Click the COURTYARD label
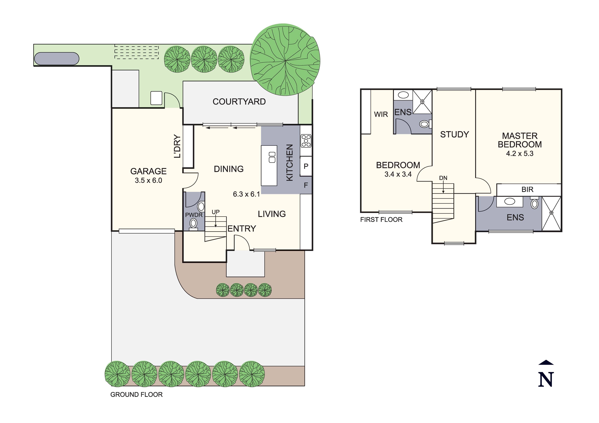[x=239, y=102]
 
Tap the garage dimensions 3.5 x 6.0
[x=148, y=180]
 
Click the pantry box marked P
[x=306, y=166]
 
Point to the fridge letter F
[x=306, y=185]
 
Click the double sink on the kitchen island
[x=272, y=157]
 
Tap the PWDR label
[x=194, y=215]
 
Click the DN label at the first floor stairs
[x=443, y=178]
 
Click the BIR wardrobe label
[x=527, y=190]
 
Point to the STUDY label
[x=455, y=135]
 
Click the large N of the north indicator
[x=546, y=380]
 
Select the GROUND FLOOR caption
[x=136, y=394]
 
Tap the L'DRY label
[x=177, y=146]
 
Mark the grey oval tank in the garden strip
[x=57, y=59]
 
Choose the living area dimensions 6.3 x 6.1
[x=246, y=194]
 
